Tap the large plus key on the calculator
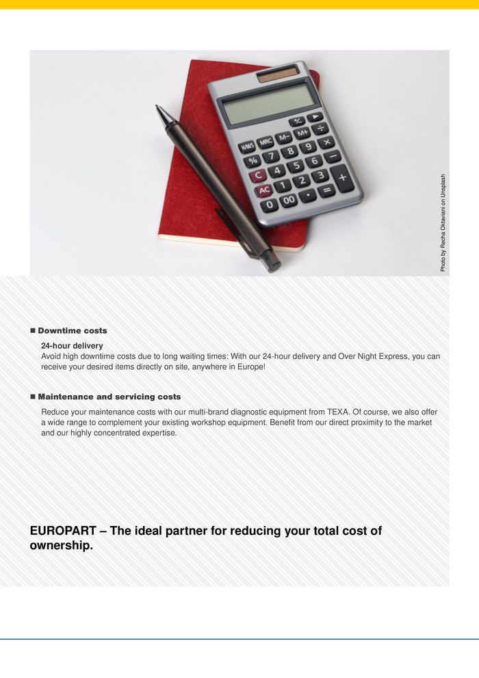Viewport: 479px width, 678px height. pyautogui.click(x=341, y=178)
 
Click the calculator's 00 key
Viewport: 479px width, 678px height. pyautogui.click(x=289, y=200)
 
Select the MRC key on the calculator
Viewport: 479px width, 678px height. pyautogui.click(x=265, y=142)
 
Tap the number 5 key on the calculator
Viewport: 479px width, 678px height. pyautogui.click(x=295, y=166)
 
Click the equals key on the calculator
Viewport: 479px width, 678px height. pyautogui.click(x=326, y=190)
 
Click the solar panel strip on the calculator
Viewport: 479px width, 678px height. pyautogui.click(x=277, y=74)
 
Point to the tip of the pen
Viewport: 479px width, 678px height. pyautogui.click(x=158, y=108)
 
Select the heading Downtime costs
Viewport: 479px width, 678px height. pyautogui.click(x=72, y=331)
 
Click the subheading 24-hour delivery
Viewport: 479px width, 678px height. pyautogui.click(x=72, y=346)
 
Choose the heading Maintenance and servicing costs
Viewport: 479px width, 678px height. pyautogui.click(x=109, y=397)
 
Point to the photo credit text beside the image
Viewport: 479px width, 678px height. pyautogui.click(x=443, y=223)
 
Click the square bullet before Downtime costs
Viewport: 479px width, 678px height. pyautogui.click(x=32, y=331)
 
